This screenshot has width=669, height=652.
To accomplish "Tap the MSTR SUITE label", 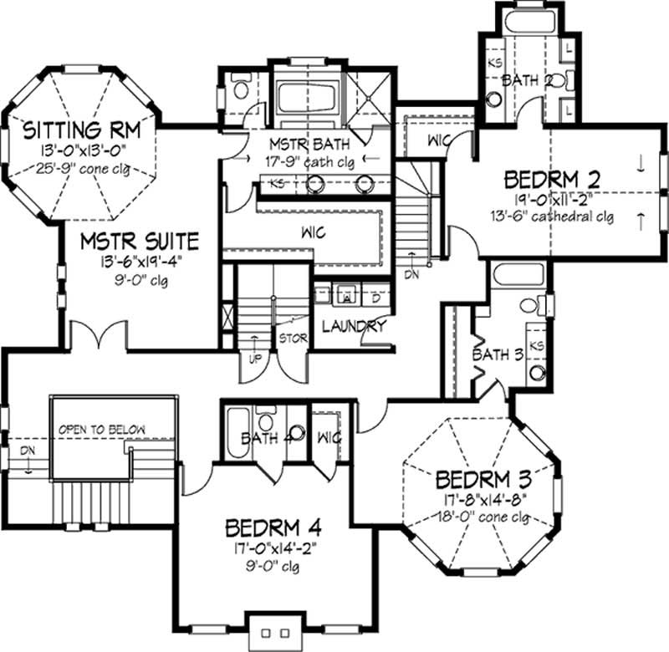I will coord(140,242).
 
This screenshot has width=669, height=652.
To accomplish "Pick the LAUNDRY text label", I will coord(352,326).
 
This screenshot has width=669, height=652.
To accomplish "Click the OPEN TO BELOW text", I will coord(102,430).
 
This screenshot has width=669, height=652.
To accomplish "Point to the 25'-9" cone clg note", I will coord(79,166).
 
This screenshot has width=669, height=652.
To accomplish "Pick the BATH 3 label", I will coord(498,354).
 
